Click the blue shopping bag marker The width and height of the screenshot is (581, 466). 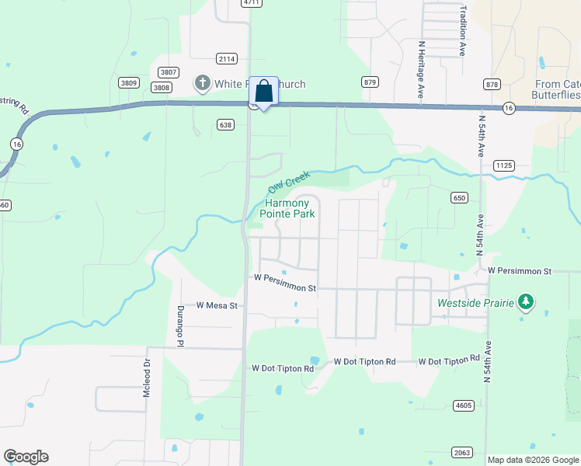tap(263, 92)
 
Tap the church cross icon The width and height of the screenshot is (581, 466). tap(202, 83)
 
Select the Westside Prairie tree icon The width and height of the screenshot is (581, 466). tap(526, 301)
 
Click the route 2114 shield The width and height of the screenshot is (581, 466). tap(227, 59)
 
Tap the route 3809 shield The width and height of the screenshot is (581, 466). tap(129, 82)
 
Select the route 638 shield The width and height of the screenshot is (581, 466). tap(225, 124)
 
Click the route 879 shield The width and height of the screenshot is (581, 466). tap(370, 82)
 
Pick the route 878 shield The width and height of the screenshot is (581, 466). tap(491, 83)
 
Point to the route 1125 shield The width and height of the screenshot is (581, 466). tap(504, 165)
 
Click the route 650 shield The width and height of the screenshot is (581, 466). tap(459, 198)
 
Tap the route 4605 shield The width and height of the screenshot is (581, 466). tap(463, 405)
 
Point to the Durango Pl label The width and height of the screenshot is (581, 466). tap(179, 324)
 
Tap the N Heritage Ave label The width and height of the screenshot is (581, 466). tap(420, 68)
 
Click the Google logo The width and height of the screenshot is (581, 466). tap(26, 457)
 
